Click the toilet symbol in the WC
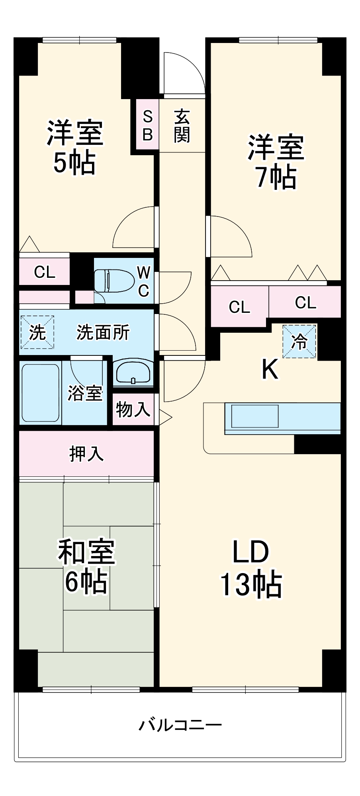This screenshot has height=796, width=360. [x=114, y=281]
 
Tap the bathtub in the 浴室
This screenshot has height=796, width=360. [x=40, y=392]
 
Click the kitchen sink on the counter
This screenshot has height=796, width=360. [x=255, y=416]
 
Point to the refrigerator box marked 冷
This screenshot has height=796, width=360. [x=299, y=341]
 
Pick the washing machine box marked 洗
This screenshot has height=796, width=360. [x=37, y=332]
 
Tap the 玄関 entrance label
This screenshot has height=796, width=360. [x=182, y=125]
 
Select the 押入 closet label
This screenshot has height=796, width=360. [x=86, y=454]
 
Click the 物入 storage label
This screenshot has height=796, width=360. [x=133, y=409]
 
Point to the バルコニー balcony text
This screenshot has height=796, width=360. [x=180, y=725]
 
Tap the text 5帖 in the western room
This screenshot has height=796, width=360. [x=74, y=163]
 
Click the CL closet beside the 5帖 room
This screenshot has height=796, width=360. [x=44, y=272]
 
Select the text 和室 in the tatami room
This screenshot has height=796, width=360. [x=86, y=551]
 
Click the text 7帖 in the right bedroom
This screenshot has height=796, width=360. [x=276, y=177]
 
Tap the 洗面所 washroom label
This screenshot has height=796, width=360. [x=103, y=332]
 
